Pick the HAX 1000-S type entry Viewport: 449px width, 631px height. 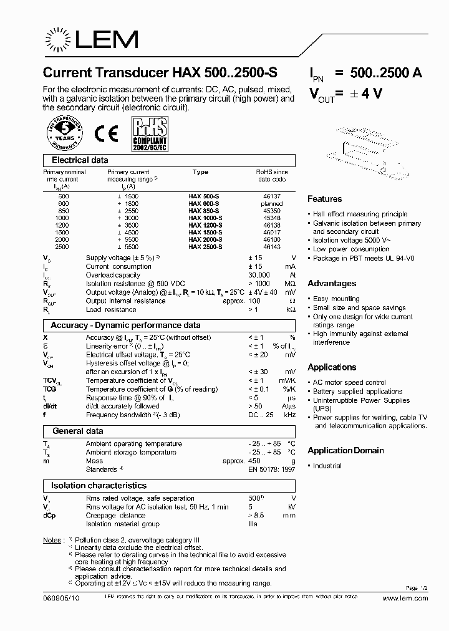pos(205,218)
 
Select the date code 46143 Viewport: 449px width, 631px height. pos(272,247)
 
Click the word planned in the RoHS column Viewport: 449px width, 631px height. pos(272,203)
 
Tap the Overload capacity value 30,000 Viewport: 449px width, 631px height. pos(259,275)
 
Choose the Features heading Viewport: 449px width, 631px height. pos(324,199)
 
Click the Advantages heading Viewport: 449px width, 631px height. pos(332,284)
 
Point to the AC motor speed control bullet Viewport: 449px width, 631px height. pos(349,382)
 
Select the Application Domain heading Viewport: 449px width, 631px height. pos(345,450)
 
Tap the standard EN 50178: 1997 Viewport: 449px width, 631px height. pos(271,470)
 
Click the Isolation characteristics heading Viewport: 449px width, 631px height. pos(99,485)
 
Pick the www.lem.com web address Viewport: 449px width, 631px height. pos(405,598)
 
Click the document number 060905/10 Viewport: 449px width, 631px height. pos(62,598)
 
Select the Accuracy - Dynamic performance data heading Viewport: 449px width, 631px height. pos(125,325)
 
